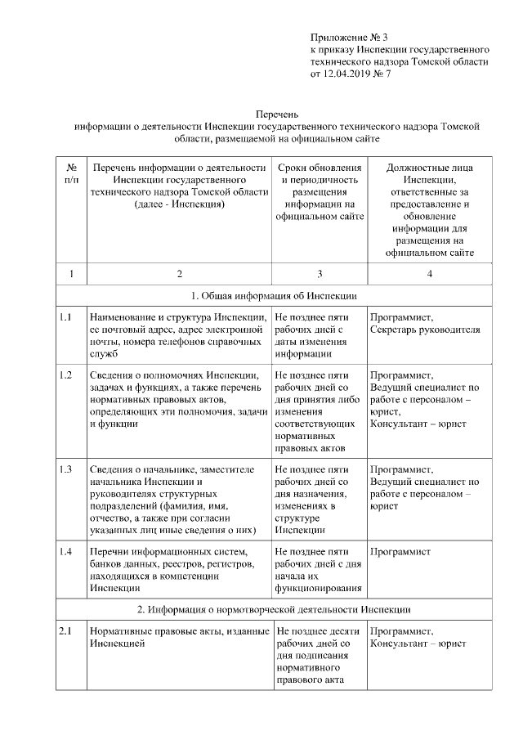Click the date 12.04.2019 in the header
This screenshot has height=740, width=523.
[x=346, y=74]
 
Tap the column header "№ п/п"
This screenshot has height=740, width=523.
[x=71, y=173]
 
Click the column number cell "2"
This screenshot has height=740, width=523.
[x=179, y=273]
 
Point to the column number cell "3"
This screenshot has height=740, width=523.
[x=319, y=273]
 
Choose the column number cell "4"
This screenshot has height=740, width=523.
[x=429, y=273]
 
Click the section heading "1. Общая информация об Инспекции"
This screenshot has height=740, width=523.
[x=274, y=295]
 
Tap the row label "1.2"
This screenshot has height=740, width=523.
[x=66, y=374]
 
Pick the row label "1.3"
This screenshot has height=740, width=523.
[x=66, y=469]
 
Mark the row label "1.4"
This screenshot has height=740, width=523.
[x=66, y=551]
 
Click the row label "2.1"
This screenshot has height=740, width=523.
[x=66, y=631]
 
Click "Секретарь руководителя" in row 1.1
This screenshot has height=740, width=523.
[x=425, y=330]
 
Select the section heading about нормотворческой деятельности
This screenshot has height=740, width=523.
[x=274, y=610]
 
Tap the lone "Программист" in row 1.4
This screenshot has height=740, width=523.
[x=400, y=552]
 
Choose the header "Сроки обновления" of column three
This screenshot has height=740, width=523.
[x=319, y=168]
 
